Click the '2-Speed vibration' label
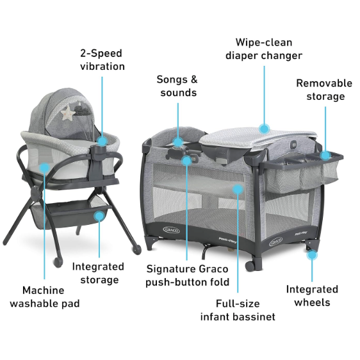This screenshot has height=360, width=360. (x=102, y=60)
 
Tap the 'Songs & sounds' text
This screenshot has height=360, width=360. (x=177, y=86)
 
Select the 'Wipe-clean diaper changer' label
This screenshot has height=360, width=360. (x=264, y=49)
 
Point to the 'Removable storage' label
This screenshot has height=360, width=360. (x=324, y=90)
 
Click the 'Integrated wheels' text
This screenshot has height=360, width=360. (x=312, y=295)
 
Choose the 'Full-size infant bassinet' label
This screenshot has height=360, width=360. (x=238, y=311)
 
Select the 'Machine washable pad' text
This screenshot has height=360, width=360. (x=45, y=297)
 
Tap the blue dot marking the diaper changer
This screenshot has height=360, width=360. (x=264, y=127)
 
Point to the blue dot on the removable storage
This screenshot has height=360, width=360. (x=325, y=154)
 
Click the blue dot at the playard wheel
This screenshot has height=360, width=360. (x=312, y=254)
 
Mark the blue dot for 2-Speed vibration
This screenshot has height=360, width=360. (x=102, y=140)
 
